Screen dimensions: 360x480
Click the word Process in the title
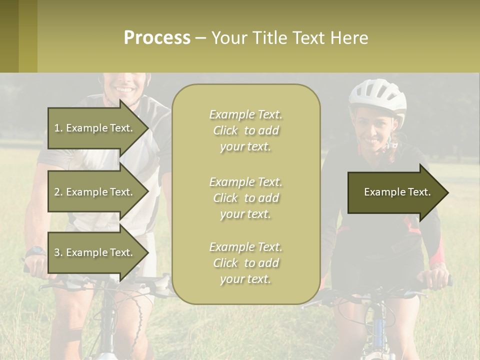[157, 38]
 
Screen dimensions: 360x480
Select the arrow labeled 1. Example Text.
[95, 128]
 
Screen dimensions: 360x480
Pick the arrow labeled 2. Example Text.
[95, 192]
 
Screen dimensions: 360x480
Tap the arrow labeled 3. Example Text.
[95, 252]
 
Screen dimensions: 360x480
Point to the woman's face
[374, 131]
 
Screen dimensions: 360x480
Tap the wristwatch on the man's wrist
[35, 250]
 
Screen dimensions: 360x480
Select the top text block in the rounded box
[245, 130]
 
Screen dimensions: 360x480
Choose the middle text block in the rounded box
[245, 198]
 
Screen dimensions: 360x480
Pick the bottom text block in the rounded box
[245, 263]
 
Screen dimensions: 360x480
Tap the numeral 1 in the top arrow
[57, 128]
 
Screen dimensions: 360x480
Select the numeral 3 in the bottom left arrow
[57, 252]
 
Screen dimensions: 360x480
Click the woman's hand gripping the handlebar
[438, 278]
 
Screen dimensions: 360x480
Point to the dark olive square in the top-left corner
[9, 36]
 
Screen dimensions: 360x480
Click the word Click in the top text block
[225, 131]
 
